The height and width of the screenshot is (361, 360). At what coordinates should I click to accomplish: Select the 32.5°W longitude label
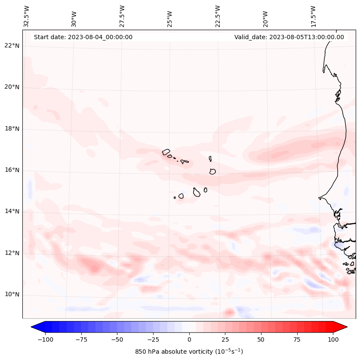pos(27,16)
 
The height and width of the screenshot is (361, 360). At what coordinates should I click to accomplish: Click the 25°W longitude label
pos(170,16)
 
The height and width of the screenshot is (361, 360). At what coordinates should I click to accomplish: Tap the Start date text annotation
pos(83,37)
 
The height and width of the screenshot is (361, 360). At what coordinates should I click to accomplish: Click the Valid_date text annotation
pos(289,37)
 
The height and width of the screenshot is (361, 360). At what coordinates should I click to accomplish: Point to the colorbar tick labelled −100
pos(45,339)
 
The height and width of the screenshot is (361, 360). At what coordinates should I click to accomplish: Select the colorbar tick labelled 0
pos(189,339)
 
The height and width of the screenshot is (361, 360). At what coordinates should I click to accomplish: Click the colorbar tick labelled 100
pos(333,339)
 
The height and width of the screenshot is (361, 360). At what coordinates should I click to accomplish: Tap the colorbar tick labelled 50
pos(261,339)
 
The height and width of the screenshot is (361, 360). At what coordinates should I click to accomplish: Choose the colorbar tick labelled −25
pos(153,339)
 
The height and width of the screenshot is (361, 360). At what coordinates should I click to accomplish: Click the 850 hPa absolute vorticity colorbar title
pos(189,352)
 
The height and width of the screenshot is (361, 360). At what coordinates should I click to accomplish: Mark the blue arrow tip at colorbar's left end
pos(32,327)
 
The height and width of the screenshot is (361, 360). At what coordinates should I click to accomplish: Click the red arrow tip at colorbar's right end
pos(346,327)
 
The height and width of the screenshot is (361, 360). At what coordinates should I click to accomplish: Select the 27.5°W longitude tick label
pos(122,16)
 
